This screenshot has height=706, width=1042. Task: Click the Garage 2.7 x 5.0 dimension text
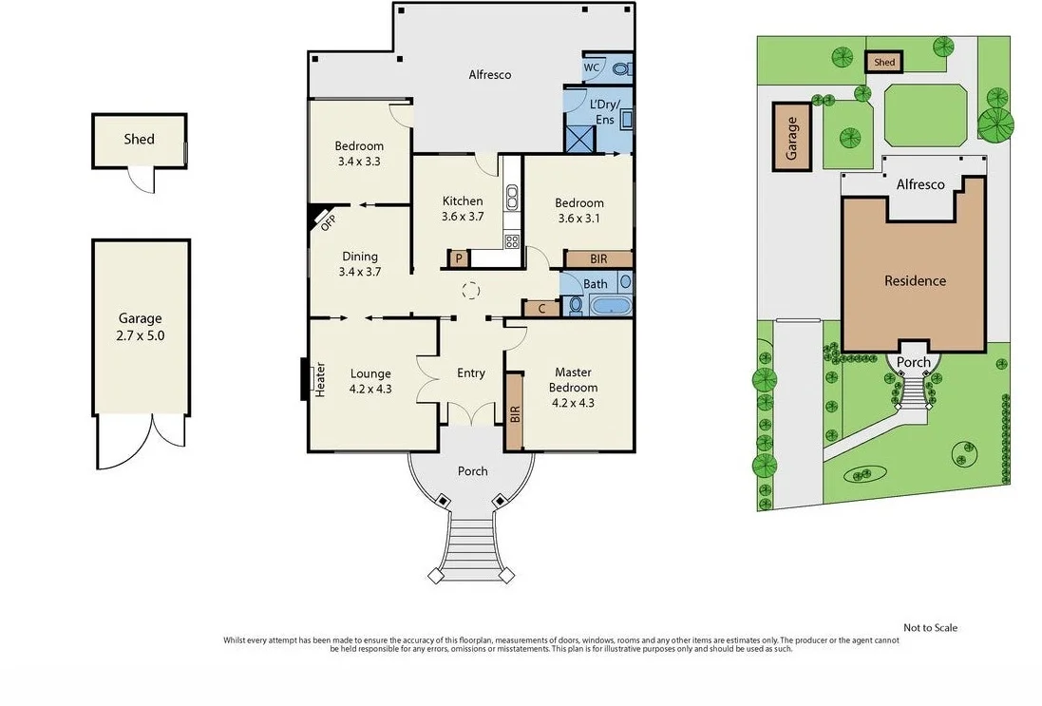(x=141, y=335)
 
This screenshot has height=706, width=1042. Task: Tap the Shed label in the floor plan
(x=139, y=139)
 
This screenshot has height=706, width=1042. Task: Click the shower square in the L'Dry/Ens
(x=576, y=139)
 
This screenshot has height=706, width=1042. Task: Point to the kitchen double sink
(x=512, y=196)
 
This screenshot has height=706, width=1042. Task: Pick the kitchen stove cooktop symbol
(x=512, y=240)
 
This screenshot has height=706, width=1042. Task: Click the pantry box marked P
(x=458, y=258)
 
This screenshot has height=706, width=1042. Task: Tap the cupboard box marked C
(x=541, y=309)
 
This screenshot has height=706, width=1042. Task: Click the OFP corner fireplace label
(x=327, y=222)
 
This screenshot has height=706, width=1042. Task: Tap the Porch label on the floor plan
(x=472, y=471)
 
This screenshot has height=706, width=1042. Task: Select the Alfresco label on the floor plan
(x=490, y=74)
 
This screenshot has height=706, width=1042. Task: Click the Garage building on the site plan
(x=791, y=137)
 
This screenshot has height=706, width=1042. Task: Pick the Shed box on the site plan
(x=883, y=62)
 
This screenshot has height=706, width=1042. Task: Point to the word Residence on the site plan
(x=915, y=280)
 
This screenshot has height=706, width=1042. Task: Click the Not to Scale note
(x=930, y=627)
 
